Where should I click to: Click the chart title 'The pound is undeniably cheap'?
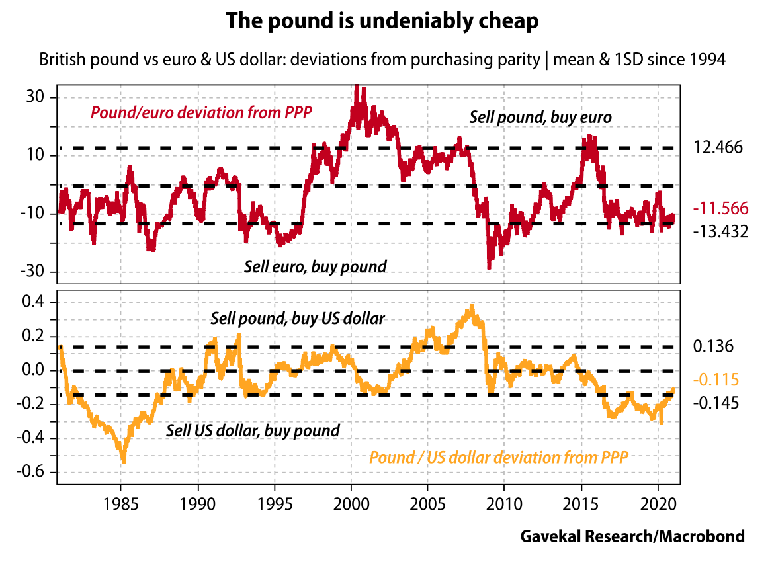tap(382, 21)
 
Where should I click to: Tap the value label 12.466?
tap(718, 147)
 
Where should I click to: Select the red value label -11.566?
tap(721, 209)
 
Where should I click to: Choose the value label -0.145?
tap(714, 403)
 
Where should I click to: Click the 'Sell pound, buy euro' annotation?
tap(540, 117)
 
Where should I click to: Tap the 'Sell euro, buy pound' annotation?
tap(316, 267)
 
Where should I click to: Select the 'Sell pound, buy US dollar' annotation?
tap(298, 319)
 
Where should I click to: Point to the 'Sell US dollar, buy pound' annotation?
tap(253, 431)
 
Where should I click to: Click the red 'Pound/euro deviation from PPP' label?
tap(201, 112)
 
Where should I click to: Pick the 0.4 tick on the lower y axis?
tap(32, 303)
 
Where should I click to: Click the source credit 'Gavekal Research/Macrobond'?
tap(632, 536)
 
